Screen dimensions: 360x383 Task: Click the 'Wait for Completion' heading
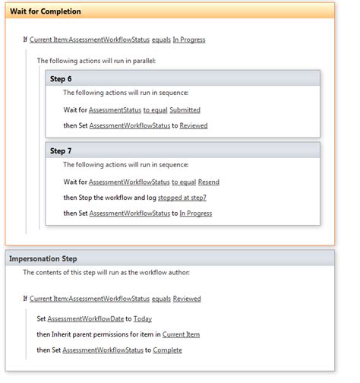click(46, 11)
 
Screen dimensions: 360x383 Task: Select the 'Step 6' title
click(61, 79)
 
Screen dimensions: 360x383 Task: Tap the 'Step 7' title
click(61, 151)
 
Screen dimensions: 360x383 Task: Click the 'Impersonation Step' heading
click(43, 259)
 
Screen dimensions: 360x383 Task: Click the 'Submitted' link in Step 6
click(185, 110)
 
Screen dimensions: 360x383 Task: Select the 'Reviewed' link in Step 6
click(194, 125)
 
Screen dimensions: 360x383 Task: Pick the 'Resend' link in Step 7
click(209, 182)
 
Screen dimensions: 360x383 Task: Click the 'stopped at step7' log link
click(182, 198)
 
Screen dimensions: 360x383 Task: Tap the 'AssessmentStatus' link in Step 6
click(115, 110)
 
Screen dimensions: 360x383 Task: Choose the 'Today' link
click(143, 319)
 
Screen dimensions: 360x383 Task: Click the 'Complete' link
click(167, 350)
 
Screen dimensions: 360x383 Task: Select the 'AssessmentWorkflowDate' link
click(86, 319)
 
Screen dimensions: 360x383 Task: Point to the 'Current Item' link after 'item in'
click(181, 334)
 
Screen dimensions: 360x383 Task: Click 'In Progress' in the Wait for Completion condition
click(189, 40)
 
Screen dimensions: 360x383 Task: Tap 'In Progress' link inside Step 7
click(196, 214)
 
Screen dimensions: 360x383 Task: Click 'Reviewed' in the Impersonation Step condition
click(187, 299)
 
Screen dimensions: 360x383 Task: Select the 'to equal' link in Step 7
click(184, 182)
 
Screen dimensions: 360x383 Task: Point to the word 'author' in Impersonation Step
click(180, 273)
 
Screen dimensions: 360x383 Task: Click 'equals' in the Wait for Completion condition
click(161, 40)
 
